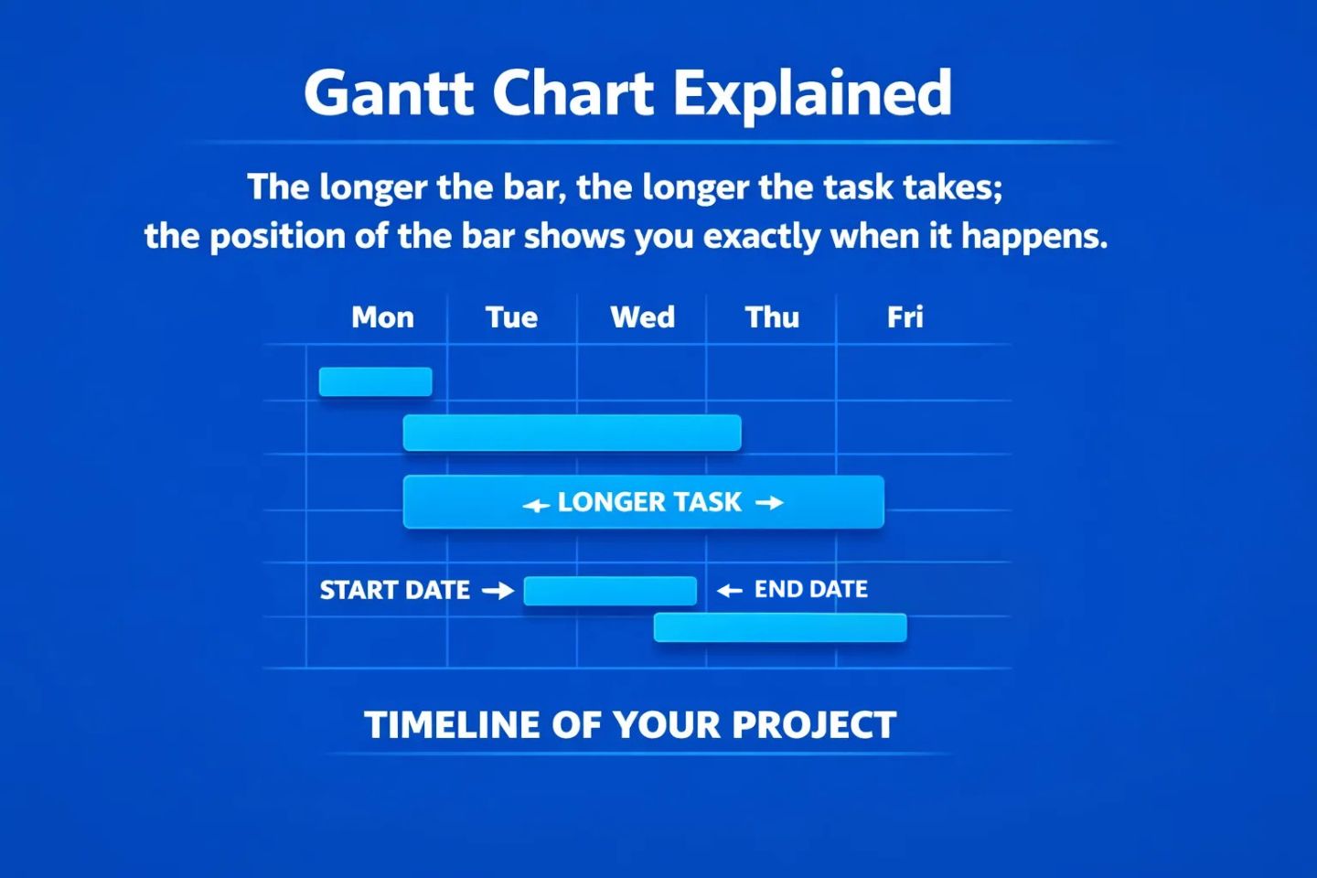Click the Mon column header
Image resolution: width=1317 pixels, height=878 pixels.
tap(382, 317)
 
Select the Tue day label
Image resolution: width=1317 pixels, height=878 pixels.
tap(511, 317)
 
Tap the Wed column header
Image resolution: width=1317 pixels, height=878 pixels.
tap(642, 317)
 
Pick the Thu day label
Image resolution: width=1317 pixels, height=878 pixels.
tap(772, 317)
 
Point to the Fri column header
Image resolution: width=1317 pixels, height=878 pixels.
tap(905, 317)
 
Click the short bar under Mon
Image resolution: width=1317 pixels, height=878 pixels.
tap(375, 381)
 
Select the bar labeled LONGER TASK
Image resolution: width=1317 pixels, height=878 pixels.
tap(643, 502)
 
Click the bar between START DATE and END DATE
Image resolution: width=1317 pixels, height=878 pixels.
tap(610, 591)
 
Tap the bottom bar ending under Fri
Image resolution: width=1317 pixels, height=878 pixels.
tap(780, 627)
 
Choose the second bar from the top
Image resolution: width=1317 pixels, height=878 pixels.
tap(572, 433)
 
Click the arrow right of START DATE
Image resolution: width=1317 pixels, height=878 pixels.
tap(498, 591)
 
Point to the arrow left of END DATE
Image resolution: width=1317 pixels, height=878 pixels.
tap(729, 591)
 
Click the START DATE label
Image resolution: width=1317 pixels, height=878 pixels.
tap(394, 591)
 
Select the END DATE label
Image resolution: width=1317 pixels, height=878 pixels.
tap(810, 590)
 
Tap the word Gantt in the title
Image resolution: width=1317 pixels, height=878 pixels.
tap(389, 92)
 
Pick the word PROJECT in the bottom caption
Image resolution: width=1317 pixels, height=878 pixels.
tap(813, 725)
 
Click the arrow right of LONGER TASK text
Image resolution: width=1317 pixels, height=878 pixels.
tap(769, 502)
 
